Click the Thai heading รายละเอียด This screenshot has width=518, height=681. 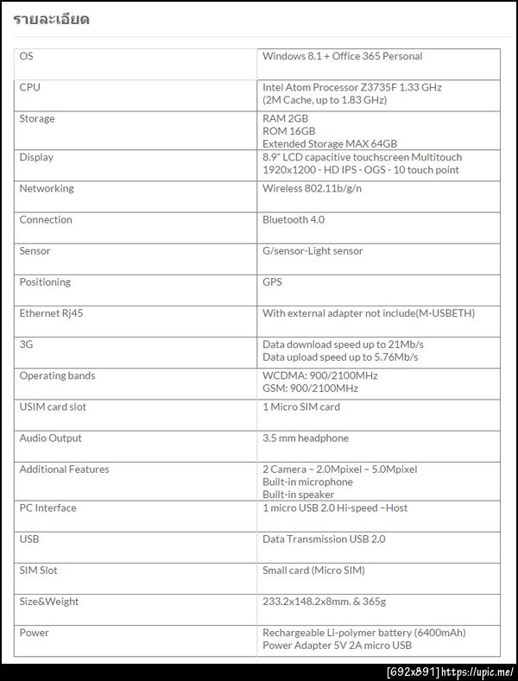click(x=51, y=19)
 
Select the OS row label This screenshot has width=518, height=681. click(x=26, y=56)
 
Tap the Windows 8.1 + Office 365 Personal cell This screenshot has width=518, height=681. click(x=342, y=56)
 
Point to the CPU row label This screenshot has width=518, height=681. click(x=29, y=87)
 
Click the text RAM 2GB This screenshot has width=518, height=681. click(x=285, y=118)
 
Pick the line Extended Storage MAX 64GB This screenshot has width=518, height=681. click(x=329, y=144)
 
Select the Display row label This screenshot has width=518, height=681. click(x=36, y=157)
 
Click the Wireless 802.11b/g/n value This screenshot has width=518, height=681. click(x=312, y=188)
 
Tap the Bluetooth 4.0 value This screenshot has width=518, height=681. click(x=294, y=219)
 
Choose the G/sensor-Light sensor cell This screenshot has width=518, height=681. click(x=313, y=250)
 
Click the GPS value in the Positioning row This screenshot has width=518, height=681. click(x=272, y=281)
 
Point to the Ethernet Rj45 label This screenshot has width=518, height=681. click(x=51, y=312)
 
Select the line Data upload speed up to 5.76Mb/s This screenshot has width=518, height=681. click(x=340, y=356)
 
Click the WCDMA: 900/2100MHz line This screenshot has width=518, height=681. click(x=319, y=375)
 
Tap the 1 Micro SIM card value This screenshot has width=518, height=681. click(x=301, y=407)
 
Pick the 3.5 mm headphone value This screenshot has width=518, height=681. click(x=306, y=438)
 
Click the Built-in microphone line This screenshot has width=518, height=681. click(x=307, y=482)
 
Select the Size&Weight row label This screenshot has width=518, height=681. click(x=48, y=601)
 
